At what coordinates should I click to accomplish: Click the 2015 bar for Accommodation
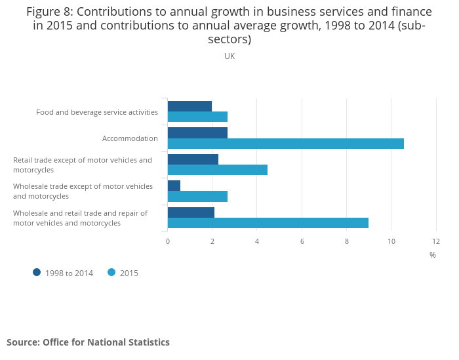(x=285, y=144)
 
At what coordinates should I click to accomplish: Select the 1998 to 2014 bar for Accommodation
(x=197, y=132)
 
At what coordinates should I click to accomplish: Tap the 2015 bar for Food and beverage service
(x=197, y=117)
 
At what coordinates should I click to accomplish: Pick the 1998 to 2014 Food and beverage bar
(x=190, y=106)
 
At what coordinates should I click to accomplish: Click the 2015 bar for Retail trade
(x=217, y=170)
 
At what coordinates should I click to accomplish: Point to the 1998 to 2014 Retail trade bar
(x=193, y=159)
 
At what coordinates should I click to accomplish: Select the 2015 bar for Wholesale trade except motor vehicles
(x=197, y=196)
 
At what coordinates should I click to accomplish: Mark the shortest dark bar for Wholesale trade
(x=174, y=186)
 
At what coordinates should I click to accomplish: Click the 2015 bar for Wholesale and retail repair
(x=268, y=223)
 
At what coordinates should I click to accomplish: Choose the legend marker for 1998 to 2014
(x=37, y=272)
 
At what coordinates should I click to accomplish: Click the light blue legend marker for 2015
(x=111, y=272)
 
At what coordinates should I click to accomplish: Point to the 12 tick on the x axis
(x=436, y=241)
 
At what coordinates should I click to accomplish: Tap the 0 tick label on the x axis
(x=168, y=241)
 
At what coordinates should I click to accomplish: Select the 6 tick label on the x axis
(x=302, y=241)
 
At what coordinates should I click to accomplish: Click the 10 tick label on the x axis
(x=391, y=241)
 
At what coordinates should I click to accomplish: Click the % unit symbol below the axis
(x=433, y=254)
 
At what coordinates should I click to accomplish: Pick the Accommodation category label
(x=130, y=138)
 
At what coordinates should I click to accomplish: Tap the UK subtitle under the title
(x=229, y=56)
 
